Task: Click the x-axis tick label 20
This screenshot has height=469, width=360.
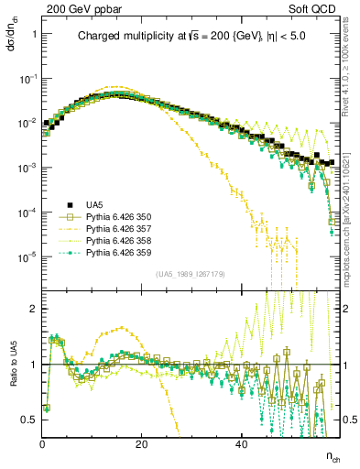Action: pos(142,444)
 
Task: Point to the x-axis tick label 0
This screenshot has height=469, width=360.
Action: pos(43,444)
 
